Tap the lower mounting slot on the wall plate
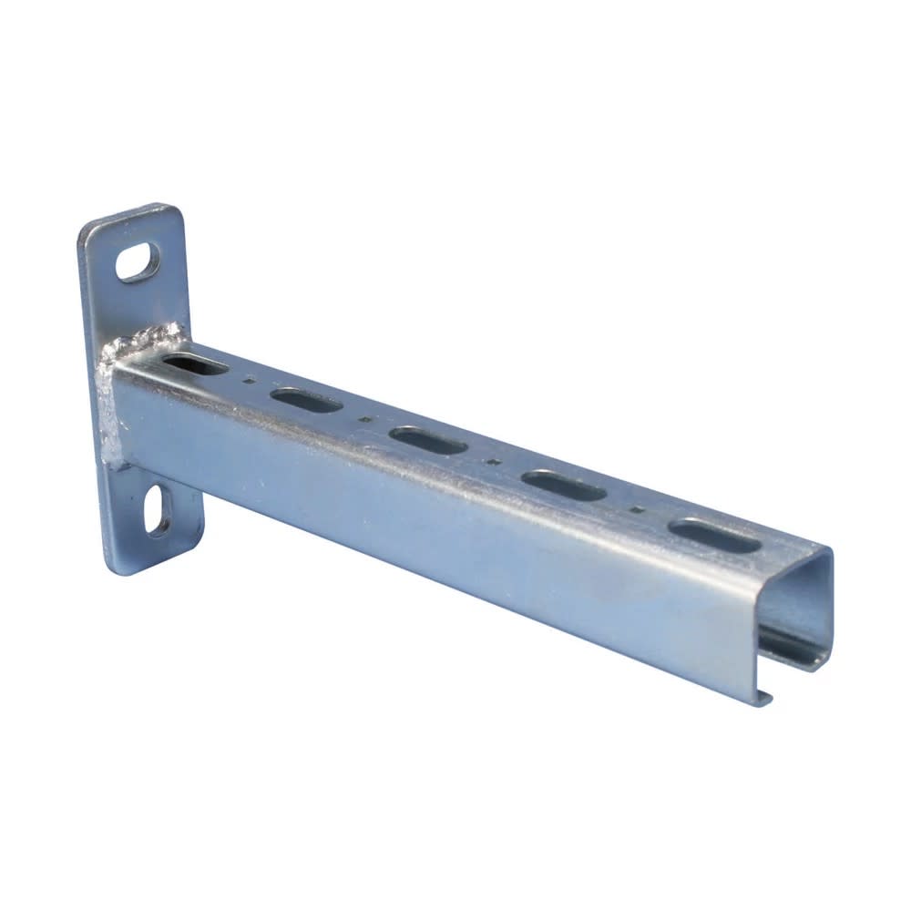pos(159,509)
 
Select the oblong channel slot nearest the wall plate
pos(195,365)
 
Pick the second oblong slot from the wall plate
pos(306,400)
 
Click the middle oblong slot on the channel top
pos(427,440)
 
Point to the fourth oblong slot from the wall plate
pos(564,486)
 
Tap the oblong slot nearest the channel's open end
pos(714,536)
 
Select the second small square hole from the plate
pos(364,421)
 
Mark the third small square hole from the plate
pos(493,463)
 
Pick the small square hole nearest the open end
pos(638,510)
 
